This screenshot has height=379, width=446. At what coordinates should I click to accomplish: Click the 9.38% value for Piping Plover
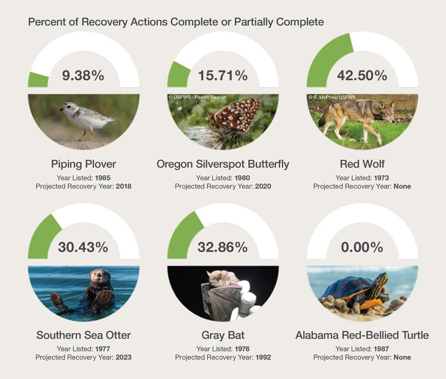click(x=83, y=75)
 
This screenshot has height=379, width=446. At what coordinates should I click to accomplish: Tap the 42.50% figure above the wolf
click(x=362, y=75)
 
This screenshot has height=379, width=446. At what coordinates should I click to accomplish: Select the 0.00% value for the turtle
click(x=362, y=247)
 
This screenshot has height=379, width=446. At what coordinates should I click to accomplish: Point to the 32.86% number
click(x=223, y=247)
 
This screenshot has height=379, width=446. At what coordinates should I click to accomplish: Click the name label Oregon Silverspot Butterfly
click(x=223, y=164)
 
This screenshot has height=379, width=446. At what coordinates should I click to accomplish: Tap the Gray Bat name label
click(x=223, y=335)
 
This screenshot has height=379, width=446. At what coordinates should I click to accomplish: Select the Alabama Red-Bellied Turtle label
click(x=362, y=335)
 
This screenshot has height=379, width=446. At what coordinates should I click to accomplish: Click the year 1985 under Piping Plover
click(x=103, y=178)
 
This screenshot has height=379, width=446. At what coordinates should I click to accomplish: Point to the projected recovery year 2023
click(x=123, y=357)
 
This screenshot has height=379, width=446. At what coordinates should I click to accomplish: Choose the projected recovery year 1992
click(x=263, y=357)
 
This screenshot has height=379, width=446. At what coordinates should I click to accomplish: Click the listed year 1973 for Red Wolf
click(x=382, y=178)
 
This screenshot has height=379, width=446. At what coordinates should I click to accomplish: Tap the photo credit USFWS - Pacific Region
click(x=197, y=97)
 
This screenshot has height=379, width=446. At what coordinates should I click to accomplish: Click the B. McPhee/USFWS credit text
click(x=332, y=97)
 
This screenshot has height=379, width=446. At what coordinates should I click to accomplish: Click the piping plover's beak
click(x=61, y=109)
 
